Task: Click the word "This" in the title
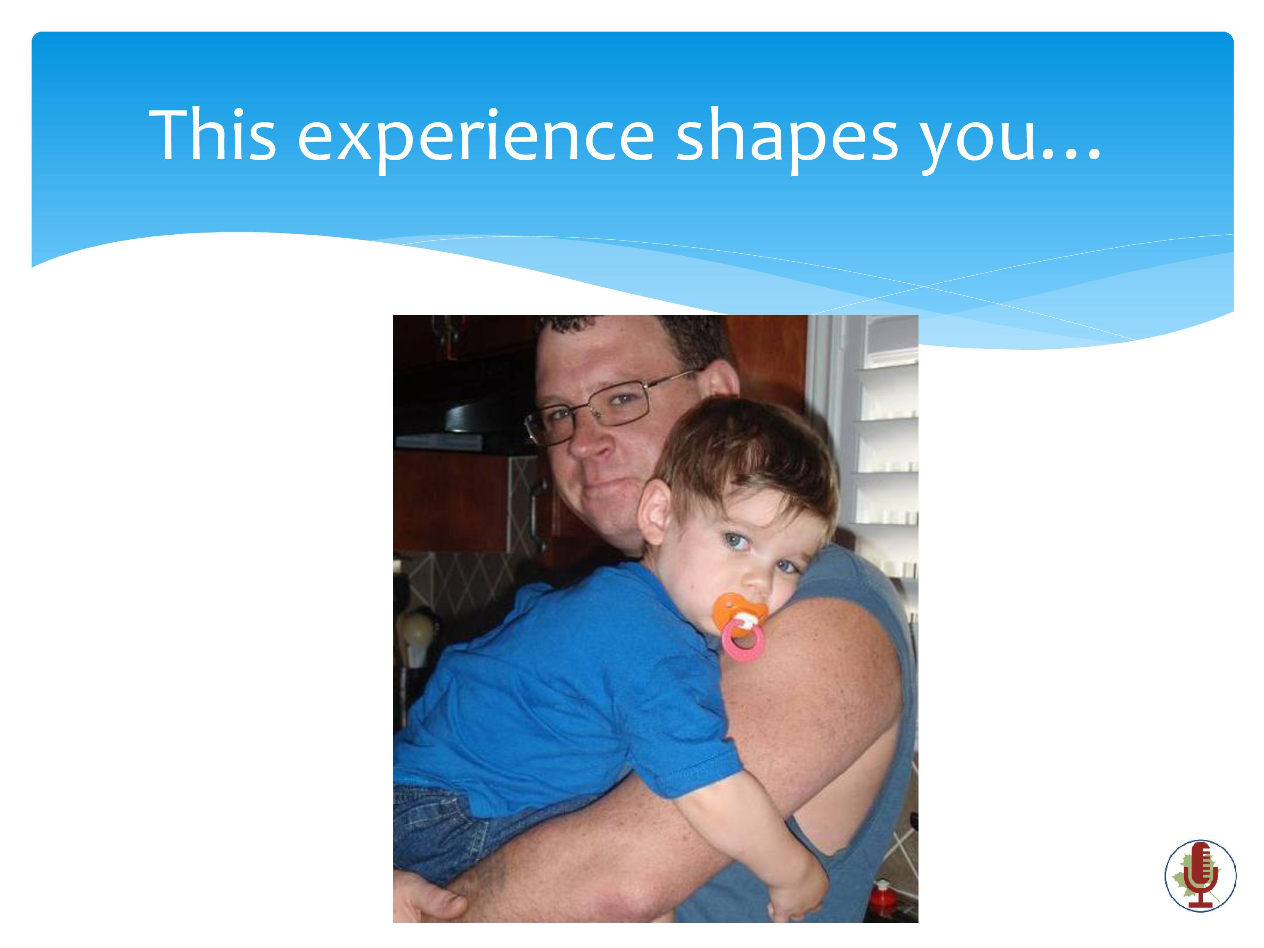pos(213,135)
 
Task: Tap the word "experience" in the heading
pos(475,140)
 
